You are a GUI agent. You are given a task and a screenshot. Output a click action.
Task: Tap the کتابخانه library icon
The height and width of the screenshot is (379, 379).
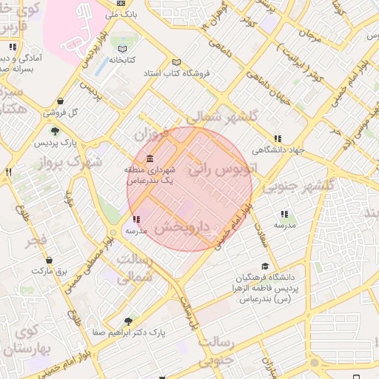pos(122,50)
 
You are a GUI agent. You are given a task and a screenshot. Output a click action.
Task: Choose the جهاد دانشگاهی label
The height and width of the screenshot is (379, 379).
pos(278,149)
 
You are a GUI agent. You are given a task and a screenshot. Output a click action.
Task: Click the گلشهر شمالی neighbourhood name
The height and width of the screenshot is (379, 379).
pos(222,117)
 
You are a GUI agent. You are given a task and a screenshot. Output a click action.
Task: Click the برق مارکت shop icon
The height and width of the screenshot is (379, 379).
pos(49,261)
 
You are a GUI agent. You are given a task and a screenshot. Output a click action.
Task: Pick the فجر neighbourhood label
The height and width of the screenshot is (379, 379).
pos(35,241)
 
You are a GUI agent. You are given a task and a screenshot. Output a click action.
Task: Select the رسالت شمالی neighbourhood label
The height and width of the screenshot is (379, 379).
pos(135,269)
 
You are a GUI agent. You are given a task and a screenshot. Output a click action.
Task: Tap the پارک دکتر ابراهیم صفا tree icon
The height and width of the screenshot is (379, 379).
pos(129,322)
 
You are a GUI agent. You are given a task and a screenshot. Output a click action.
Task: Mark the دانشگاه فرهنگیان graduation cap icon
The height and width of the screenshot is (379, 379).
pos(265,266)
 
